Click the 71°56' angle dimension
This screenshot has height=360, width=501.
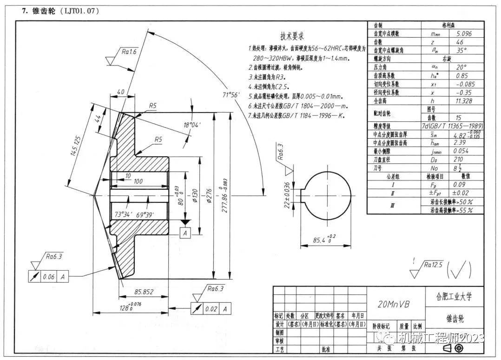tap(231, 95)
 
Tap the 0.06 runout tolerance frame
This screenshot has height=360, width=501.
tap(48, 277)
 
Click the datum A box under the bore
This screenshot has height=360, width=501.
tap(185, 233)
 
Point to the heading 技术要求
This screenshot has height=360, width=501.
tap(292, 36)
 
